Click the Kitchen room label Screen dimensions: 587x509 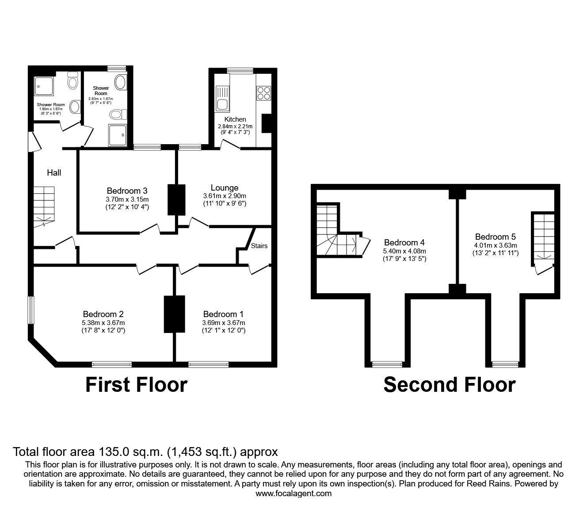[x=235, y=119]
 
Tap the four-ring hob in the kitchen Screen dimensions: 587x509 [x=263, y=93]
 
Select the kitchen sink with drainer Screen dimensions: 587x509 [x=222, y=98]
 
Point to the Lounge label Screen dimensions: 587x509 [x=225, y=188]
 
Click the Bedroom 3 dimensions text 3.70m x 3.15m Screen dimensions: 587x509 [x=127, y=199]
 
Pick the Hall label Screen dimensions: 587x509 [x=54, y=172]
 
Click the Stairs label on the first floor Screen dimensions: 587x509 [x=259, y=246]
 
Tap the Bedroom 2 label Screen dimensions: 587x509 [x=103, y=314]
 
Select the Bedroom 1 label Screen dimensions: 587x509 [x=223, y=314]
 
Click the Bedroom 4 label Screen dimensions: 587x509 [x=404, y=242]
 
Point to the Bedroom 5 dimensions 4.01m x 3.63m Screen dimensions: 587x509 [x=495, y=245]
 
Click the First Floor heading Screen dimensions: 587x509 [x=136, y=385]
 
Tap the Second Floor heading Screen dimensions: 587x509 [x=450, y=385]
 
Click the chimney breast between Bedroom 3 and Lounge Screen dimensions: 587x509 [x=176, y=200]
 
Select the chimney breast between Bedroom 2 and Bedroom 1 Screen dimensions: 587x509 [x=174, y=314]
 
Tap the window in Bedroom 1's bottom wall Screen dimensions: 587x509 [x=209, y=364]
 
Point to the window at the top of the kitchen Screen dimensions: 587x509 [x=240, y=71]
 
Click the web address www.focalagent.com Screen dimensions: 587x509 [x=293, y=494]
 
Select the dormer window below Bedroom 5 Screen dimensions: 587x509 [x=505, y=364]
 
